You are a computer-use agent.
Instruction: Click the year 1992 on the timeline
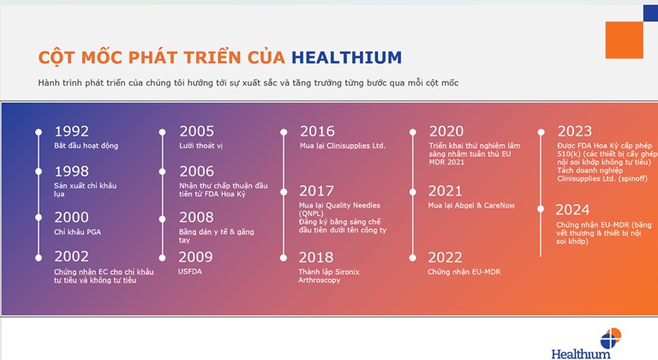click(71, 131)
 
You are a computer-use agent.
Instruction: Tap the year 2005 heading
click(196, 131)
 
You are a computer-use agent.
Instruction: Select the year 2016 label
click(317, 131)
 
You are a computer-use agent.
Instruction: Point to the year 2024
click(572, 210)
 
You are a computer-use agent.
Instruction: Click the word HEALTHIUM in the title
click(347, 57)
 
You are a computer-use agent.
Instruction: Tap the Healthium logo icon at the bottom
click(611, 339)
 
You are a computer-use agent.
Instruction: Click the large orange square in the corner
click(624, 40)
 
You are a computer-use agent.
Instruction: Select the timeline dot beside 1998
click(39, 171)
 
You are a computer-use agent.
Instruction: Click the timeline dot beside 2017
click(284, 192)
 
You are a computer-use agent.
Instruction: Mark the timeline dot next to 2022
click(412, 258)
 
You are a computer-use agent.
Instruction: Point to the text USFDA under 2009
click(189, 272)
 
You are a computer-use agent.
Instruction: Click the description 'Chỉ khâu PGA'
click(78, 232)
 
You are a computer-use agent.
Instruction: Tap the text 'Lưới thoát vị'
click(201, 146)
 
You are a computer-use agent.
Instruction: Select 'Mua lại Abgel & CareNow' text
click(471, 206)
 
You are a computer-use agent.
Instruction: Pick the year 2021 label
click(445, 191)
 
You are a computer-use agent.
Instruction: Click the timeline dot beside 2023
click(541, 132)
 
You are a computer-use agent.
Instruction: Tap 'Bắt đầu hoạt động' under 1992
click(86, 146)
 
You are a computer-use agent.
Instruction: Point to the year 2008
click(196, 217)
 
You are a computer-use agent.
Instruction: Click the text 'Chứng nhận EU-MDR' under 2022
click(464, 272)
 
